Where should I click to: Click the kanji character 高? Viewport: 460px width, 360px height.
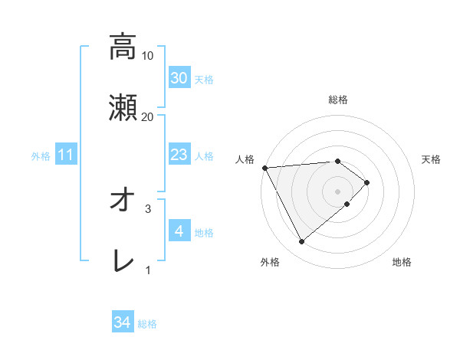coord(122,47)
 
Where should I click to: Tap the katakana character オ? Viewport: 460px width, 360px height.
coord(122,200)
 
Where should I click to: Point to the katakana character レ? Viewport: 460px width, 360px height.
coord(122,261)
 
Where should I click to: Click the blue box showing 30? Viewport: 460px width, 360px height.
coord(179,78)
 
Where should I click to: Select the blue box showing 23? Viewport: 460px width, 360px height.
coord(179,155)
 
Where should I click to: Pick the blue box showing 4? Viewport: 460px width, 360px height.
coord(179,231)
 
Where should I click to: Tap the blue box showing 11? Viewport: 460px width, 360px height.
coord(66,155)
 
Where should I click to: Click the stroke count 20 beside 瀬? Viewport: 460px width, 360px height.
coord(148,116)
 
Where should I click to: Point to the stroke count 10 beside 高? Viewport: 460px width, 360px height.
coord(148,55)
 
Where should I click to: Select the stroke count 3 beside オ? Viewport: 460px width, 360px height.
coord(148,208)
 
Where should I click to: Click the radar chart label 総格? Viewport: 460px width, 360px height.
coord(338,100)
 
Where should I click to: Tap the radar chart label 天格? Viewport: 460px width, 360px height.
coord(432,159)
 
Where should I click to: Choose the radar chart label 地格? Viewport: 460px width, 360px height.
coord(402,263)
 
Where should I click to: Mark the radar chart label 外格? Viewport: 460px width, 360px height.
coord(270,263)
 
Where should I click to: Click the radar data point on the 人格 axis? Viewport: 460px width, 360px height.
coord(264,168)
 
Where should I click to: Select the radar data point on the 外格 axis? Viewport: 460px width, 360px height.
coord(301,242)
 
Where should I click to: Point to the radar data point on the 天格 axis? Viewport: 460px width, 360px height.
coord(367,182)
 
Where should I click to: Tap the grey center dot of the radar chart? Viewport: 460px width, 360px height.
coord(338,191)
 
